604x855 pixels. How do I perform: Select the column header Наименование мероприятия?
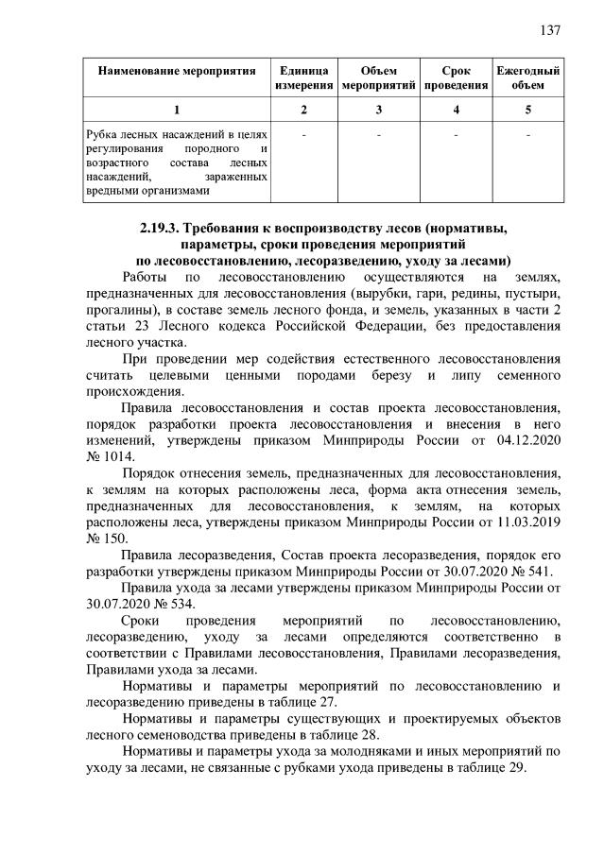coord(177,72)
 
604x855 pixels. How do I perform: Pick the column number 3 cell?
coord(378,110)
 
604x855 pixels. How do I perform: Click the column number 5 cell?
coord(528,110)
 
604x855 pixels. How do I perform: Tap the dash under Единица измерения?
coord(303,135)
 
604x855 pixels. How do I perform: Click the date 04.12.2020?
coord(528,439)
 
